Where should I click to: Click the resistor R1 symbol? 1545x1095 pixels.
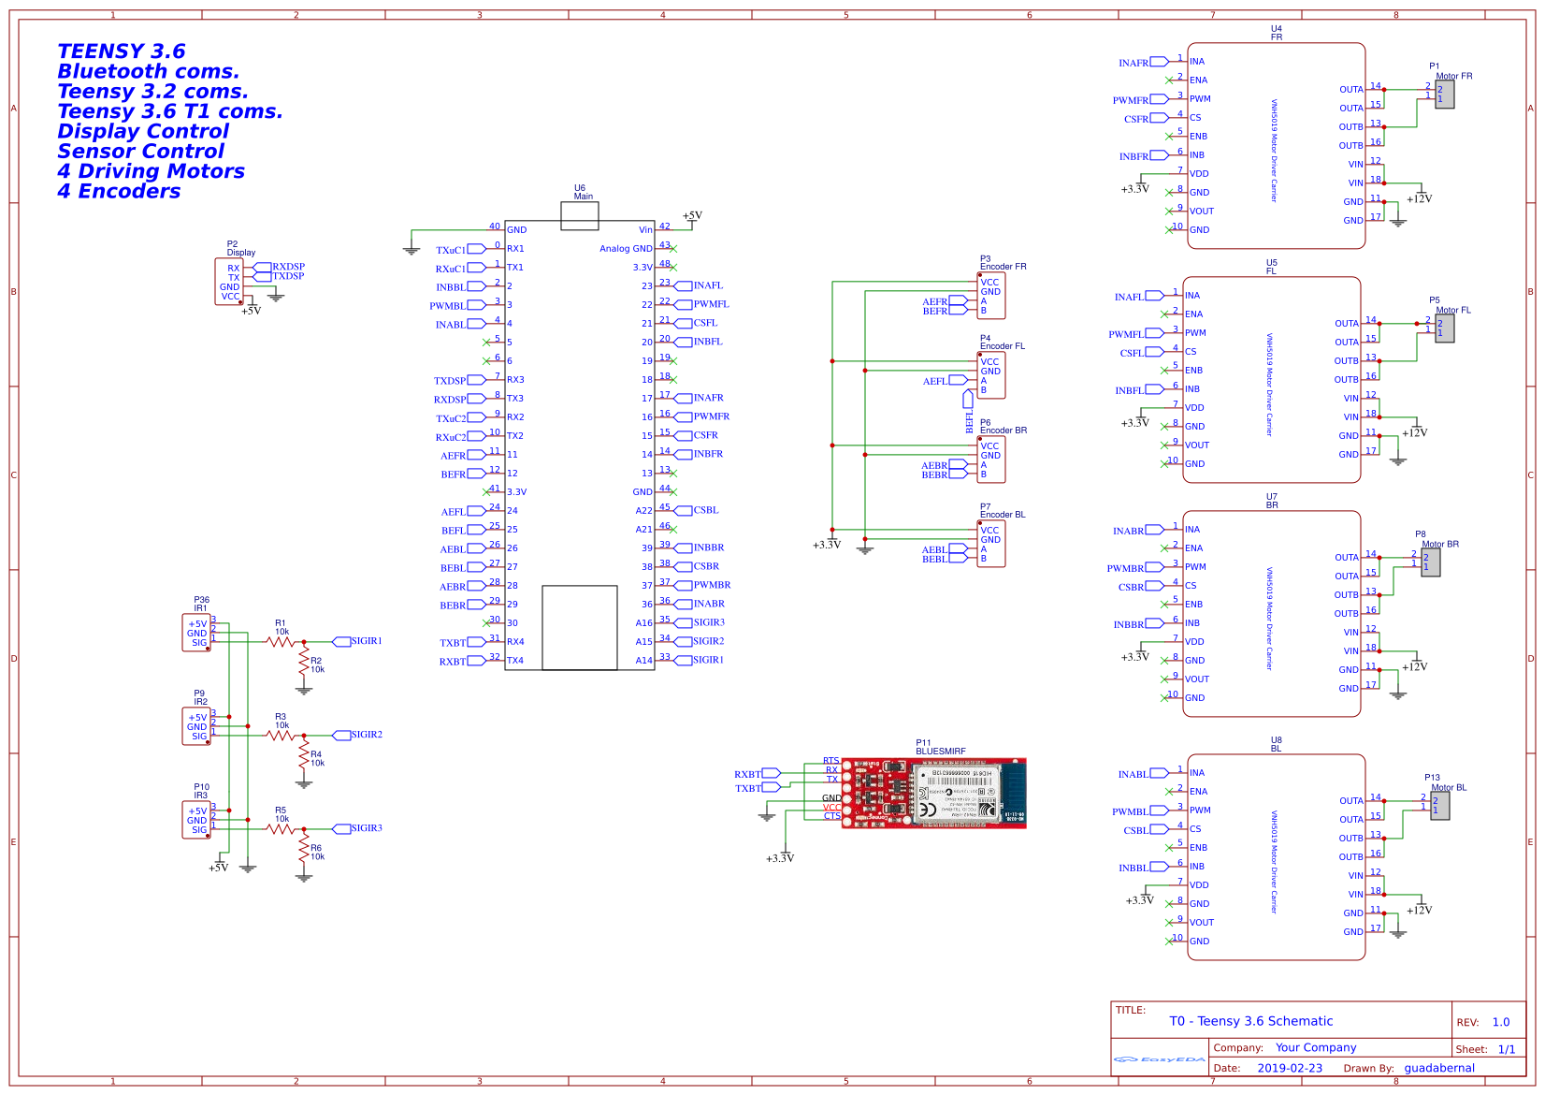(x=281, y=641)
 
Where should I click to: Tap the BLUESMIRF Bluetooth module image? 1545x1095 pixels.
(x=933, y=793)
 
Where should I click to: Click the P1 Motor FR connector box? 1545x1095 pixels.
(x=1444, y=94)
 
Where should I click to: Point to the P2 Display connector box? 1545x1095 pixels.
(x=229, y=282)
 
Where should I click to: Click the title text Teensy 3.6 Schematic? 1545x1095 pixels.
(x=1250, y=1021)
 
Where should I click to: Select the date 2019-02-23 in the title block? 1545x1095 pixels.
(x=1289, y=1068)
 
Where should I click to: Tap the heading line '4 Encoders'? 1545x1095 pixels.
(x=119, y=191)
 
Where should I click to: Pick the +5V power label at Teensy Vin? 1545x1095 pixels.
(x=692, y=216)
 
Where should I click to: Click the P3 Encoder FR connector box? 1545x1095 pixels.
(x=991, y=296)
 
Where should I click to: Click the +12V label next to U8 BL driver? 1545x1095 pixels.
(x=1419, y=910)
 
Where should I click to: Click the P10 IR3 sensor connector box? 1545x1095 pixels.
(x=196, y=820)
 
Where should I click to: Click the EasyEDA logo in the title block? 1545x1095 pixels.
(x=1159, y=1058)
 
